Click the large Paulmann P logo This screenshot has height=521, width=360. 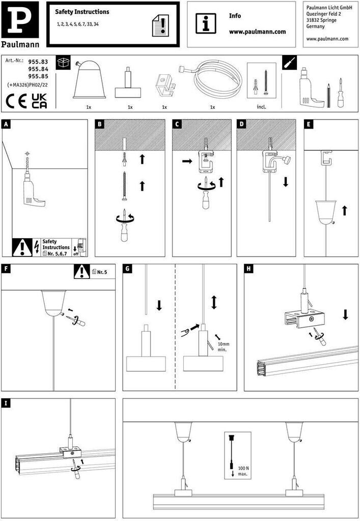point(21,19)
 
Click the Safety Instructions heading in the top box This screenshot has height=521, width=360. point(82,12)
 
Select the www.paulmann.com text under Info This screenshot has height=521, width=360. point(257,32)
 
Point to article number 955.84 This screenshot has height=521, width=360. point(38,69)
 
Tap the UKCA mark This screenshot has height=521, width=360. point(39,100)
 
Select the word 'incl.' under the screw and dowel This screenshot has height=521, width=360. point(261,107)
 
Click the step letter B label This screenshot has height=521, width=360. point(100,124)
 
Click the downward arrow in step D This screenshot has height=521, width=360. point(286,182)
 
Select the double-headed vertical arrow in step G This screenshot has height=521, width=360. point(214,302)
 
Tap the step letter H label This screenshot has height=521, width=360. point(249,268)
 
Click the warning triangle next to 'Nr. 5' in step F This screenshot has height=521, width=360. point(81,272)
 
